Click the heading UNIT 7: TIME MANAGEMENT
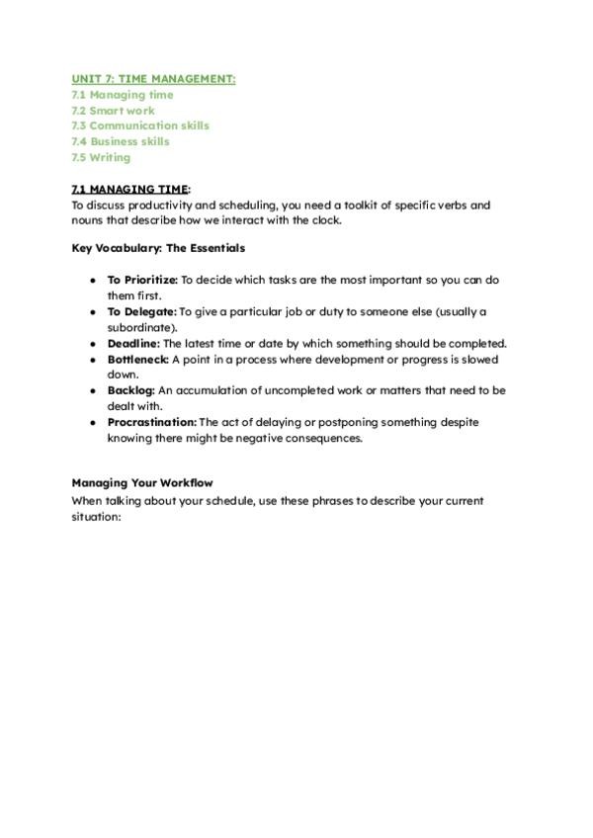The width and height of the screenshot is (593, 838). [153, 79]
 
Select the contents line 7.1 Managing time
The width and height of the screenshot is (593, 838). [122, 95]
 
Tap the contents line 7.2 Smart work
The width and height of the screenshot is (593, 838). [113, 111]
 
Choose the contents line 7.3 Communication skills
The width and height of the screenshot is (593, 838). [139, 126]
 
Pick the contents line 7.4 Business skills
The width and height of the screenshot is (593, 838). [120, 141]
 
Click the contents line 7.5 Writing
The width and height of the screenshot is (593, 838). [100, 157]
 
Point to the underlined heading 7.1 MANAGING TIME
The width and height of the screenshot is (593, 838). [129, 189]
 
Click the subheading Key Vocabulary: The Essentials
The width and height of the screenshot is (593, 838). [158, 248]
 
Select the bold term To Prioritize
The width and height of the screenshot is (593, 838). [142, 280]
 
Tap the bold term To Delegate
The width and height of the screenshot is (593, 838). [141, 311]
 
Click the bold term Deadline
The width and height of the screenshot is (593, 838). [133, 343]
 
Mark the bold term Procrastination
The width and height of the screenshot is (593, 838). [152, 422]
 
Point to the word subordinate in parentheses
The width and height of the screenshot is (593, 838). [143, 327]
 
